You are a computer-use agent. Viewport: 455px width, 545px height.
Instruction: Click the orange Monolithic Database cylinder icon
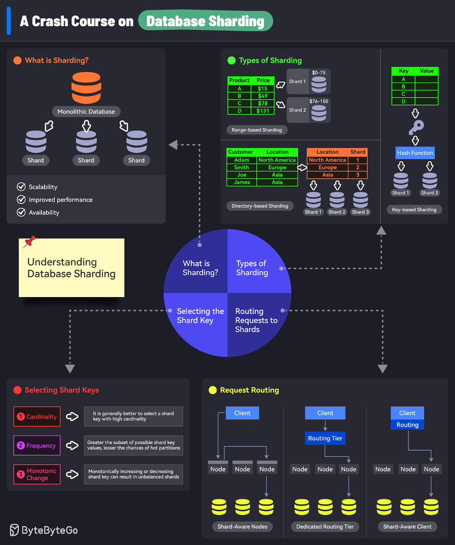tap(86, 88)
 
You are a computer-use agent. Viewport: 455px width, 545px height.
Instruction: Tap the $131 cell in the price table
tap(262, 111)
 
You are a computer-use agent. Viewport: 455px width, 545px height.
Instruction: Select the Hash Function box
tap(415, 153)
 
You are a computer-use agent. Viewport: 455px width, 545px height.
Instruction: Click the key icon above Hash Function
tap(416, 127)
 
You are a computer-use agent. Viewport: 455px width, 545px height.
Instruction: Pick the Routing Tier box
tap(325, 438)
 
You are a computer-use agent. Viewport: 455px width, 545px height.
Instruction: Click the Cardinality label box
tap(37, 417)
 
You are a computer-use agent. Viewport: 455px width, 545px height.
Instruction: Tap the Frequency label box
tap(37, 446)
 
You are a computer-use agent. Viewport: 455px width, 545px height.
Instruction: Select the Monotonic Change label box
tap(37, 474)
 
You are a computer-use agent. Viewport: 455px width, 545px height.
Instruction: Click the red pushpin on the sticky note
tap(30, 242)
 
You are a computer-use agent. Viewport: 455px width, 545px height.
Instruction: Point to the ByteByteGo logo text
tap(49, 530)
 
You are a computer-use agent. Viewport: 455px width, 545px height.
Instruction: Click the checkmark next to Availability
tap(21, 212)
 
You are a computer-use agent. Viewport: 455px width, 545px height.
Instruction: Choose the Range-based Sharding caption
tap(257, 130)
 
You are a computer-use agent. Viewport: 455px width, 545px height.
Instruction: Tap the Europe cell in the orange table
tap(327, 168)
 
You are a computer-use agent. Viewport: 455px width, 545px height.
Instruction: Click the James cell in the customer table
tap(242, 182)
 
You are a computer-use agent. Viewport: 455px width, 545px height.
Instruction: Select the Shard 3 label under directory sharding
tap(360, 212)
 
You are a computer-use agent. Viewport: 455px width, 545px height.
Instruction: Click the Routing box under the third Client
tap(407, 425)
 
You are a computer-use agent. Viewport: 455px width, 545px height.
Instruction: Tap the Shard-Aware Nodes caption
tap(242, 527)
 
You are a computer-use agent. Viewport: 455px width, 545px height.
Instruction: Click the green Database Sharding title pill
tap(206, 21)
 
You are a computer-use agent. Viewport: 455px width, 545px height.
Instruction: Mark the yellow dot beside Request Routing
tap(213, 390)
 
